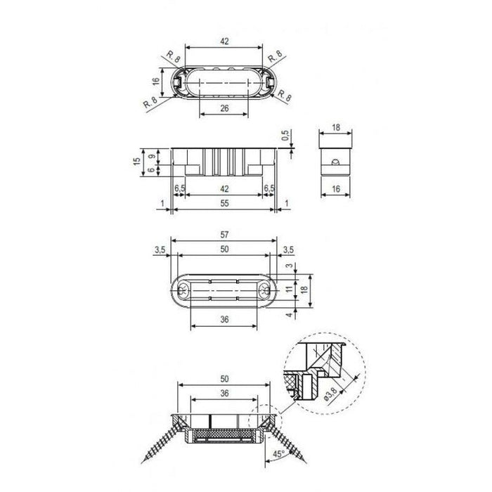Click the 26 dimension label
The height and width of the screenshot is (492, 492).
click(224, 108)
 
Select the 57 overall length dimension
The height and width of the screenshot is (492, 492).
click(224, 235)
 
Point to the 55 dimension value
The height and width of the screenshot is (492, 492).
click(224, 203)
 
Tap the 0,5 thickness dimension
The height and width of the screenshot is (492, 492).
click(285, 135)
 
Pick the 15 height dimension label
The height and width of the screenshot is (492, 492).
click(137, 162)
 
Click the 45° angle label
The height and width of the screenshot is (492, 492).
click(278, 454)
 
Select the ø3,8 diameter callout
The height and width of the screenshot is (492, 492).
click(331, 394)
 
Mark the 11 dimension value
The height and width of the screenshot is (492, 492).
click(290, 287)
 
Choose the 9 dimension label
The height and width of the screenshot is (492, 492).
click(152, 156)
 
